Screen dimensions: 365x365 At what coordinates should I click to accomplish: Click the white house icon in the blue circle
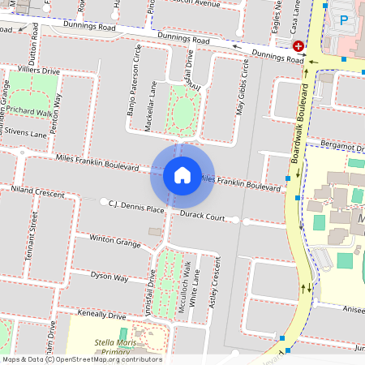(182, 174)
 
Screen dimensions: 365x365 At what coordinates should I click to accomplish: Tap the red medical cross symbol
(298, 48)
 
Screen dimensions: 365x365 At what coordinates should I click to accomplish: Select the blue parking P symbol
(344, 19)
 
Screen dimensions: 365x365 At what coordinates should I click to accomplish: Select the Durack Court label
(202, 217)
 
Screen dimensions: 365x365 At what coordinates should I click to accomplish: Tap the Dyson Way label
(109, 277)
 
